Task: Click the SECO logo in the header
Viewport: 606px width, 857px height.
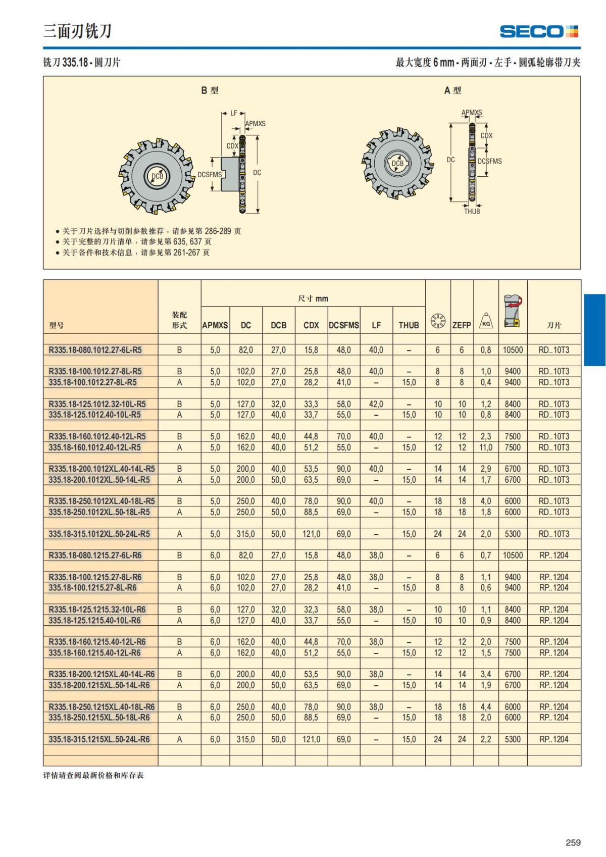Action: click(x=538, y=31)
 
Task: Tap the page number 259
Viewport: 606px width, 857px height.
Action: click(x=573, y=842)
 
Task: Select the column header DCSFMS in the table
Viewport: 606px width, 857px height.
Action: click(x=344, y=325)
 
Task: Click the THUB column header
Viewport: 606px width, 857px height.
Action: click(x=409, y=325)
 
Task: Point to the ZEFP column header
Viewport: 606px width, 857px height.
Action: click(x=461, y=325)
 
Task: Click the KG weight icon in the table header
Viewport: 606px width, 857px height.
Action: click(x=486, y=321)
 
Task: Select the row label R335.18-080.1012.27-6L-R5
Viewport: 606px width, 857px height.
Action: click(x=95, y=349)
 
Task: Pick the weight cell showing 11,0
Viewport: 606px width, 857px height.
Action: click(x=486, y=447)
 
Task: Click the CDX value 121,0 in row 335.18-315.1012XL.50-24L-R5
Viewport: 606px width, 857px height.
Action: click(x=311, y=534)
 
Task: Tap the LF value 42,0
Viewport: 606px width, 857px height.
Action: click(x=376, y=404)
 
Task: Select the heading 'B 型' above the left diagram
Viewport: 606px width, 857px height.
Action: click(x=210, y=90)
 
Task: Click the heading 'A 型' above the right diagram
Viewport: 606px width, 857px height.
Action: click(x=452, y=90)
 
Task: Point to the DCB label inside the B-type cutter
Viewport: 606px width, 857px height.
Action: click(x=158, y=176)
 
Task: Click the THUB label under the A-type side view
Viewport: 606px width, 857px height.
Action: click(x=472, y=212)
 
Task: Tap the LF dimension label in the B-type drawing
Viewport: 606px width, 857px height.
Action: click(x=234, y=113)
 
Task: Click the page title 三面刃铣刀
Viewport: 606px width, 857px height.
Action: click(x=77, y=31)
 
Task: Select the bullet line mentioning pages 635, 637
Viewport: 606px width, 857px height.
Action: click(x=136, y=241)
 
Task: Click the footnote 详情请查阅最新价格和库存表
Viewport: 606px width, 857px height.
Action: click(x=93, y=775)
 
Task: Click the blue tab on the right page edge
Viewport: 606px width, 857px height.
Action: click(x=595, y=330)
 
